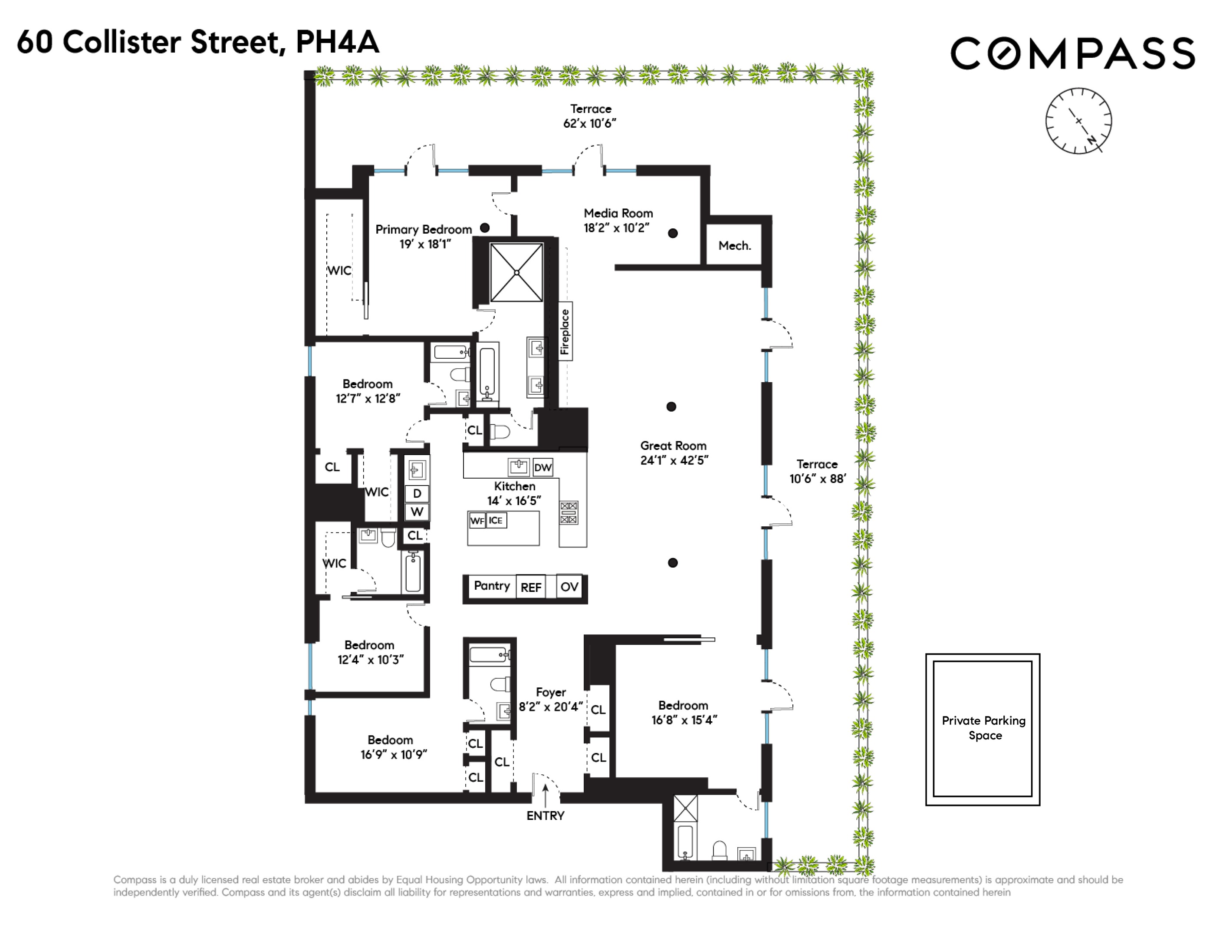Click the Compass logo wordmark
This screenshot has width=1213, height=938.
(x=1072, y=53)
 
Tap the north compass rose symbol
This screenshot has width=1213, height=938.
(x=1078, y=121)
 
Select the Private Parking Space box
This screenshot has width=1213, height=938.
(x=983, y=729)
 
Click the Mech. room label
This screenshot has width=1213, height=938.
(x=734, y=246)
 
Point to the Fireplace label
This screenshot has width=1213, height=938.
(x=565, y=331)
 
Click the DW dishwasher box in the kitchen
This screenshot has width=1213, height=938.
(x=542, y=467)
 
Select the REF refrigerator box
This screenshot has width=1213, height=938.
(x=531, y=588)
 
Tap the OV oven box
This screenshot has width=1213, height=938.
(x=569, y=587)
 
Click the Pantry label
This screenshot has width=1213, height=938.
(x=492, y=586)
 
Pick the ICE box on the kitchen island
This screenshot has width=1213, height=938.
(x=496, y=521)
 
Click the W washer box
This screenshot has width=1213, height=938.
(x=417, y=512)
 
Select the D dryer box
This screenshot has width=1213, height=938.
(x=417, y=493)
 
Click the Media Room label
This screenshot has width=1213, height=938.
(x=618, y=213)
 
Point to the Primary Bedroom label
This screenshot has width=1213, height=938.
(x=423, y=229)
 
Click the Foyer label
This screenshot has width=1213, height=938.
(x=551, y=692)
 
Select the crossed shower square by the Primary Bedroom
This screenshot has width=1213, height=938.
(x=516, y=272)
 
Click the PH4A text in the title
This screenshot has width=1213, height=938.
(x=337, y=42)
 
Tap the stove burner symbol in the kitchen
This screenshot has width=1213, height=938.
(x=569, y=512)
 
